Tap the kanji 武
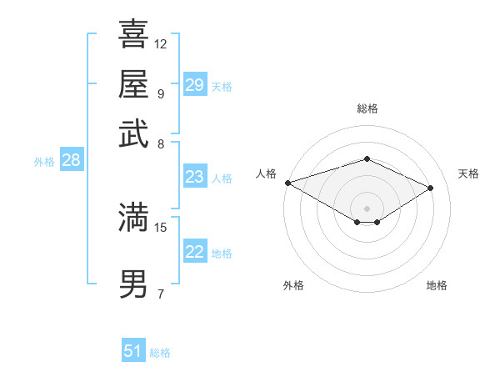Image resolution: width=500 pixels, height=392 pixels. click(133, 133)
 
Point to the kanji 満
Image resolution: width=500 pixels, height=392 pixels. click(133, 217)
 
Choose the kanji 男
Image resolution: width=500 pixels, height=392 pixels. click(133, 284)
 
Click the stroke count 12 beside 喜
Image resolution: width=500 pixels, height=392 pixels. click(161, 43)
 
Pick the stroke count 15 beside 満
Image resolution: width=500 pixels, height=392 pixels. click(161, 227)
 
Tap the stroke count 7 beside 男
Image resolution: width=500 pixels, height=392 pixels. click(160, 294)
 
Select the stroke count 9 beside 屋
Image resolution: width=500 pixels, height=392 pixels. click(160, 93)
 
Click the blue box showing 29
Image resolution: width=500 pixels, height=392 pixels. click(194, 85)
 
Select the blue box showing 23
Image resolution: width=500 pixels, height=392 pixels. click(194, 177)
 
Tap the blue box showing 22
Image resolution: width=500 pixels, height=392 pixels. click(194, 252)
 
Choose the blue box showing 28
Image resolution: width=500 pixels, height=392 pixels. click(71, 160)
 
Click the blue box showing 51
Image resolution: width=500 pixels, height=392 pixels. click(133, 351)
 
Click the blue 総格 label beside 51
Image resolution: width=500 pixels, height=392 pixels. click(160, 353)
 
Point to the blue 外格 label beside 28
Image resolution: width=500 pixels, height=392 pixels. click(44, 162)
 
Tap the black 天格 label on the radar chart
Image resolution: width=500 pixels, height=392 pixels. click(468, 173)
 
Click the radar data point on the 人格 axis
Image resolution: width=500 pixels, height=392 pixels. click(287, 183)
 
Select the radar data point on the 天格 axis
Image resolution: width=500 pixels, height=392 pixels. click(431, 188)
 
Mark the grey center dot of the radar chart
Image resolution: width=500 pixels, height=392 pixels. click(367, 208)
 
